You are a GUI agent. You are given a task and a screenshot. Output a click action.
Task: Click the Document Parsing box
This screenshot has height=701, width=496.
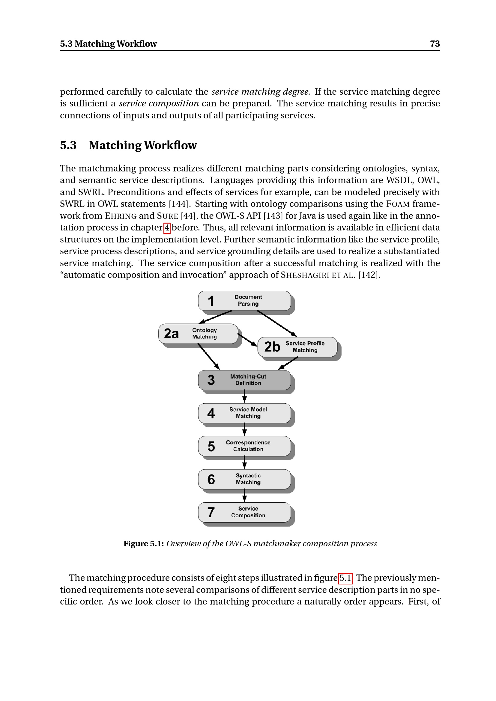[244, 301]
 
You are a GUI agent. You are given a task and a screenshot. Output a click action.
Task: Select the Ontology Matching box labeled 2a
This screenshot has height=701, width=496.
[198, 334]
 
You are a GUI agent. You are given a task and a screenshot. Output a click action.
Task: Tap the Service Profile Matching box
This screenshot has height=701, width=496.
[297, 347]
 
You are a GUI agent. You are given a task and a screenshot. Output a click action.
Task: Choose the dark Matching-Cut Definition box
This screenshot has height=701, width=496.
[244, 380]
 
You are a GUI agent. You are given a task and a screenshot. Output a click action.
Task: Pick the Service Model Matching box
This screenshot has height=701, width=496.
[244, 413]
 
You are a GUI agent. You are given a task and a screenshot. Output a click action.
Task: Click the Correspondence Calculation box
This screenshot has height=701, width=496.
[244, 446]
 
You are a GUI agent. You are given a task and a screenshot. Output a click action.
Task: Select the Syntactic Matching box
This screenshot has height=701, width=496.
[244, 479]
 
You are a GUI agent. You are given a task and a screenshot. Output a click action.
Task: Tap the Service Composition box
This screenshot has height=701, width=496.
[244, 512]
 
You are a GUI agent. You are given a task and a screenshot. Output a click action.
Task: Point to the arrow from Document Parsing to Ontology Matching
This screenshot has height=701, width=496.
[215, 317]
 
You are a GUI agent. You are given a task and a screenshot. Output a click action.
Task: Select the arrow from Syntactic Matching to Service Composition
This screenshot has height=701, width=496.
[244, 495]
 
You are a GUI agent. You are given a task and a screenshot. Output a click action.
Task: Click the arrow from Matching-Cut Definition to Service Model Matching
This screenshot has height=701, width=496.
[244, 396]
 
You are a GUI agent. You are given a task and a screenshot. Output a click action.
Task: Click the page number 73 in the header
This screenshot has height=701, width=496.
[435, 44]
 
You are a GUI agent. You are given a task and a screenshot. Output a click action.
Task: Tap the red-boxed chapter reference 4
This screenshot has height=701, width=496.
[167, 228]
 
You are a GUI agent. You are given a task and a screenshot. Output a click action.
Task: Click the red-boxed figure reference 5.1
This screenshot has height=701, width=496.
[345, 578]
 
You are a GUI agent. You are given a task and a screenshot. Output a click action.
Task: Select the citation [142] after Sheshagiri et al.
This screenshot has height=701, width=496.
[369, 275]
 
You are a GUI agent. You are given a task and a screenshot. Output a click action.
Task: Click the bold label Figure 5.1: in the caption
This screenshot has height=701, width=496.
[144, 544]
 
